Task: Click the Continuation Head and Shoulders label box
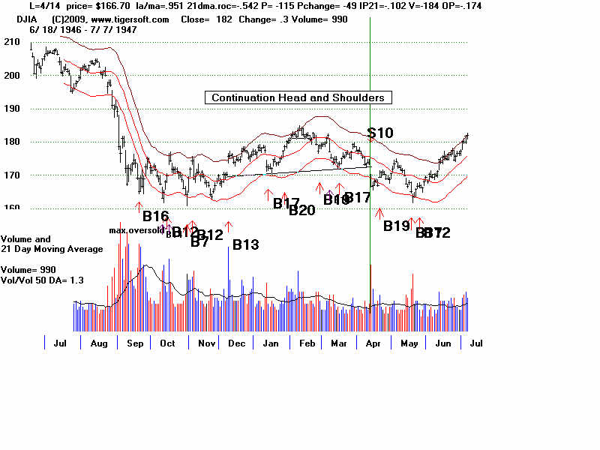coord(298,97)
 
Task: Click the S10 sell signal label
coord(380,133)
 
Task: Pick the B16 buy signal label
coord(156,216)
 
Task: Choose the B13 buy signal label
coord(245,244)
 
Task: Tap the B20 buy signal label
coord(302,210)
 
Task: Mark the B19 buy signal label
coord(397,225)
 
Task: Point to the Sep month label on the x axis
coord(134,343)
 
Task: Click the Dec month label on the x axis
coord(237,343)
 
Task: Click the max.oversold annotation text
coord(136,230)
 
